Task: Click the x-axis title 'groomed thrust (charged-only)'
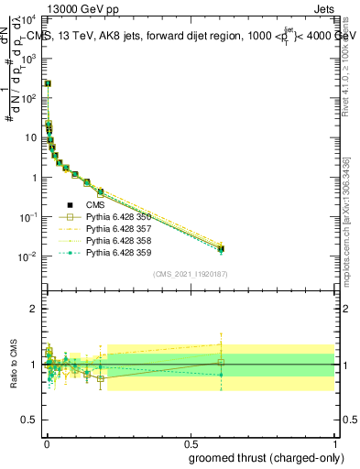pos(255,457)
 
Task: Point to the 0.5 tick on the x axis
pos(190,441)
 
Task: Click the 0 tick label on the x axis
pos(46,441)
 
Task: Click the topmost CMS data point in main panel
pos(48,83)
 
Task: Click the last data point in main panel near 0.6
pos(220,248)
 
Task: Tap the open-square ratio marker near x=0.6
pos(220,362)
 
